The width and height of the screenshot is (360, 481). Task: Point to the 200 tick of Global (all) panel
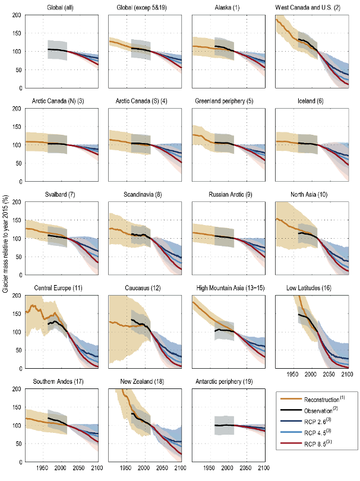(x=17, y=14)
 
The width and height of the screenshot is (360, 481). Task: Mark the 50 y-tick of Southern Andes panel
(x=18, y=444)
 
